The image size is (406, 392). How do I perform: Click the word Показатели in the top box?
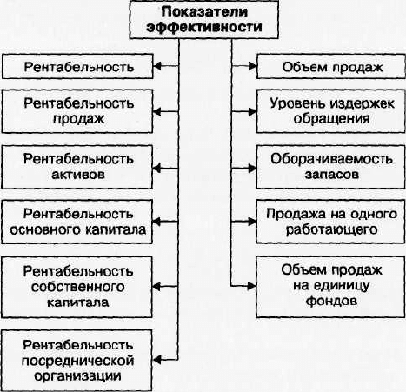click(204, 12)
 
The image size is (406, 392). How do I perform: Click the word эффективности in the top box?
click(204, 27)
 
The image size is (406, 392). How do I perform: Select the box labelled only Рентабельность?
click(77, 66)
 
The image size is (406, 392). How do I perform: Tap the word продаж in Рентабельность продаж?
click(78, 119)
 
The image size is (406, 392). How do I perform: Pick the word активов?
click(78, 175)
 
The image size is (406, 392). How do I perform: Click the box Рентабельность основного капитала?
click(77, 222)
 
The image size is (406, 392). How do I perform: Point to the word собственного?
click(78, 287)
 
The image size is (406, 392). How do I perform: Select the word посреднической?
click(78, 361)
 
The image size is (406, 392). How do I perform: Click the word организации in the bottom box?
click(78, 376)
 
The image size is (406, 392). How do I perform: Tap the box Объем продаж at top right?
click(331, 66)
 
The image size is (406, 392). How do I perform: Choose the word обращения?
click(331, 119)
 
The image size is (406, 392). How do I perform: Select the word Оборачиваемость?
click(331, 159)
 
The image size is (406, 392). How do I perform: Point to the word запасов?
click(332, 175)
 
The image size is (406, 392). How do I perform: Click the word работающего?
click(331, 230)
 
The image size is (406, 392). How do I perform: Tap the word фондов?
click(331, 301)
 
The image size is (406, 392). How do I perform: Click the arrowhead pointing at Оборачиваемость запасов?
click(252, 168)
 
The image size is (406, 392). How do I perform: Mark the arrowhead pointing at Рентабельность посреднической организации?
click(156, 360)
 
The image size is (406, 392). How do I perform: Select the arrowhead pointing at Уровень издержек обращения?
click(252, 111)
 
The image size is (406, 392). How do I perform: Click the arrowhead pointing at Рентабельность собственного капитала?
click(156, 287)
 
